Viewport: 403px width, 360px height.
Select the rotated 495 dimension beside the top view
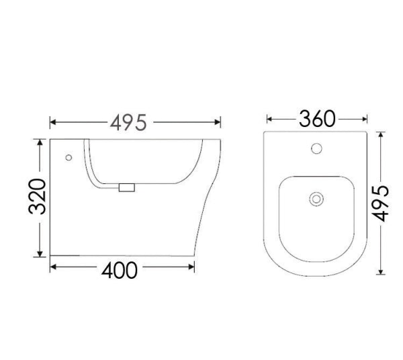(381, 204)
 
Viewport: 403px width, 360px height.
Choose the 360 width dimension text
(316, 120)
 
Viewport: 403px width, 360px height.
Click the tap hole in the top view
(316, 147)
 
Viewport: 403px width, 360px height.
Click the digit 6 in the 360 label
(316, 120)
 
